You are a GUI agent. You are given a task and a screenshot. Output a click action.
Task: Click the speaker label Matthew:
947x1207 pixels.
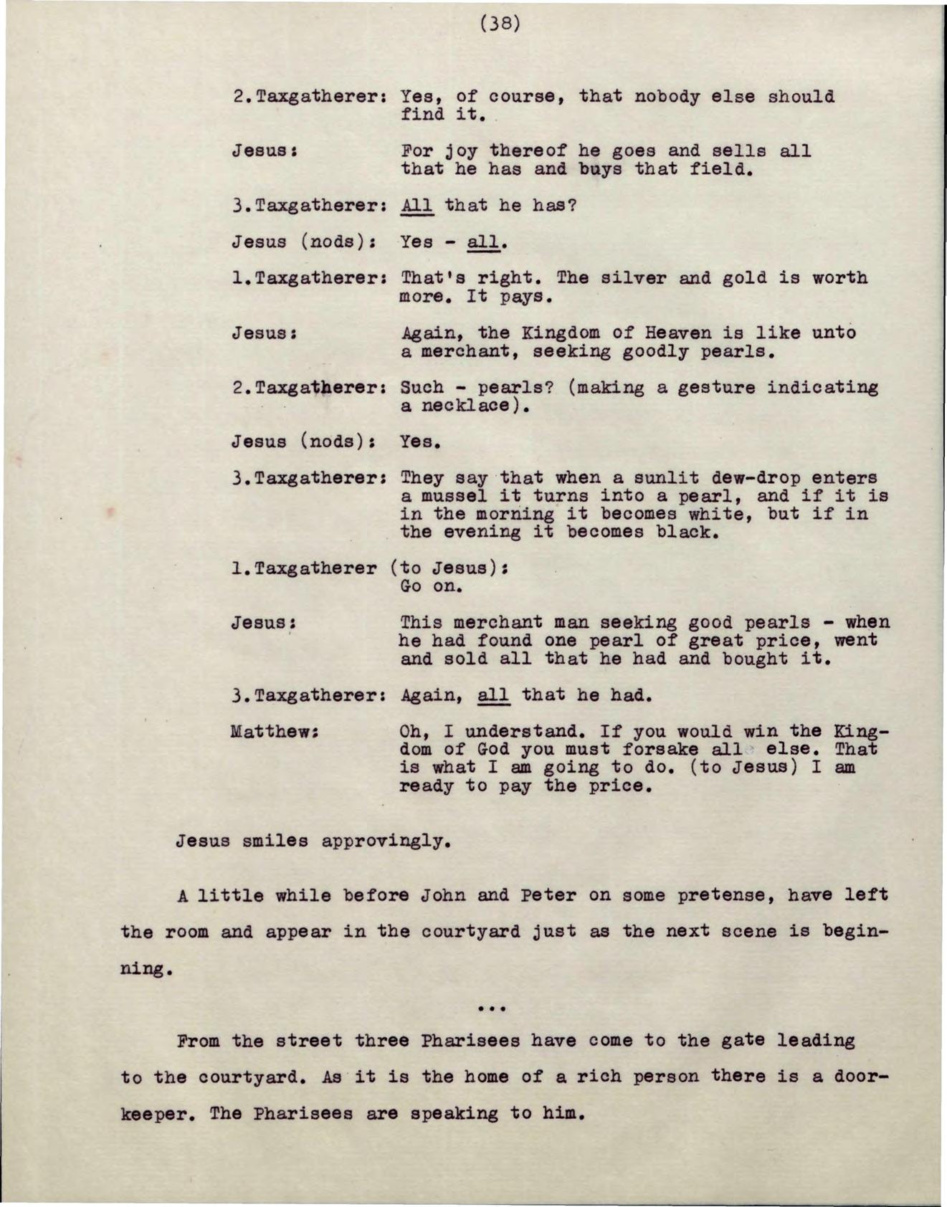coord(275,732)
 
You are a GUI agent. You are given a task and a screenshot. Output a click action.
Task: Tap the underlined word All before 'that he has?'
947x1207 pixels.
coord(417,206)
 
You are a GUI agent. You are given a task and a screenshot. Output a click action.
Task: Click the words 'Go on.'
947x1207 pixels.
coord(432,586)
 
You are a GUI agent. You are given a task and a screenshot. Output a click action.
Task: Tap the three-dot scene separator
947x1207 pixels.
coord(492,1008)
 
